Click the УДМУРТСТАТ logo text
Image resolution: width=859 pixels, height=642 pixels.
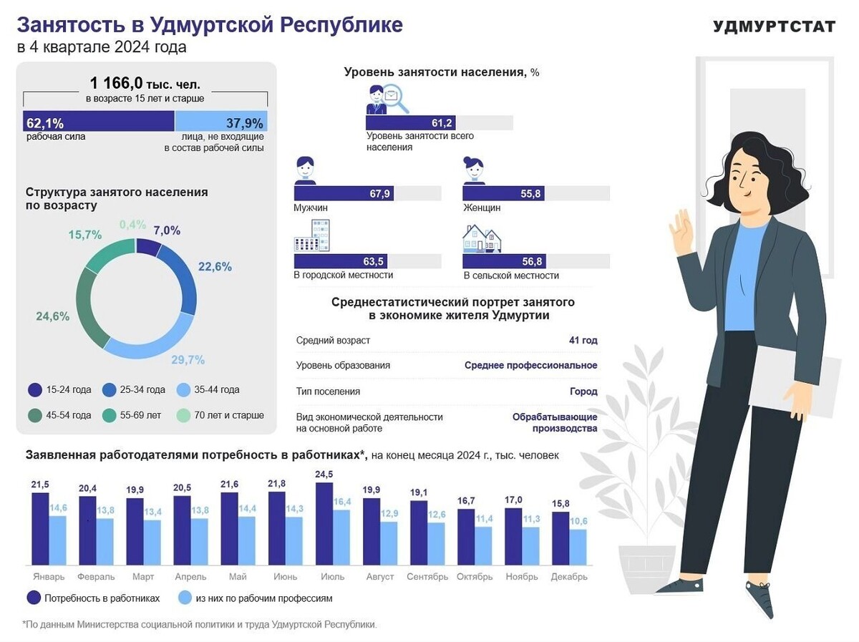pyautogui.click(x=774, y=26)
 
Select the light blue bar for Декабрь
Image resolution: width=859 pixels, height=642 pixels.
pyautogui.click(x=578, y=547)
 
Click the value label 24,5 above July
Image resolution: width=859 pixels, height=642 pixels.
pyautogui.click(x=324, y=475)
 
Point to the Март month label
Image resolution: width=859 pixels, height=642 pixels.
pyautogui.click(x=143, y=577)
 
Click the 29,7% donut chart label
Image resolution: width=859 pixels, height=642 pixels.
pyautogui.click(x=188, y=360)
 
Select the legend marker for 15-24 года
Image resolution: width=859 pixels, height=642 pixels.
pyautogui.click(x=34, y=390)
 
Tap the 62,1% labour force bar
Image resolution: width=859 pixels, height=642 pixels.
pyautogui.click(x=99, y=122)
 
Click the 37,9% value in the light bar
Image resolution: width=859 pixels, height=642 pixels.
pyautogui.click(x=245, y=122)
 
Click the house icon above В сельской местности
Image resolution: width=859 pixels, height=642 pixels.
pyautogui.click(x=482, y=238)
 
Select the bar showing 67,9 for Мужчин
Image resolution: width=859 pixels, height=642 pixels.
pyautogui.click(x=344, y=193)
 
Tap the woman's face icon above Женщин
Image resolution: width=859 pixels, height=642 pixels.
pyautogui.click(x=474, y=170)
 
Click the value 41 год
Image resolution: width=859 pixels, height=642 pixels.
pyautogui.click(x=583, y=341)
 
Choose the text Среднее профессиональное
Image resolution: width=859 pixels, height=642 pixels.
pyautogui.click(x=530, y=366)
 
